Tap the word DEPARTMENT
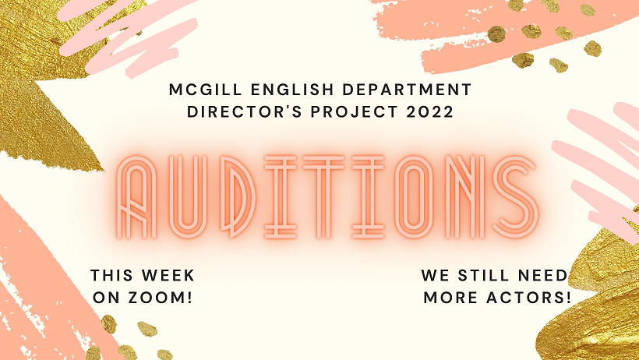point(407,90)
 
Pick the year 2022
point(430,111)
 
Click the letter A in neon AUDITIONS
point(137,197)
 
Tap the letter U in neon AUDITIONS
point(188,197)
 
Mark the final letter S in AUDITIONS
point(517,197)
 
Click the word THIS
point(111,275)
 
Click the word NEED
point(542,275)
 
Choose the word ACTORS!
point(529,298)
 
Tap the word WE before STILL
point(436,275)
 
